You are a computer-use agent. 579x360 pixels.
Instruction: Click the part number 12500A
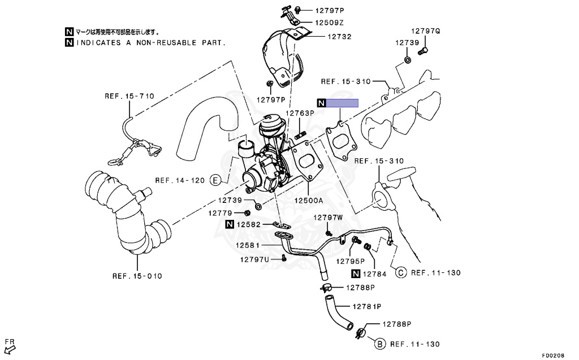coord(308,201)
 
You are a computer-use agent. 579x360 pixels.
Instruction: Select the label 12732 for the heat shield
coord(339,37)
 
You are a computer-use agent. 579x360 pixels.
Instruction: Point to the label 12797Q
coord(425,31)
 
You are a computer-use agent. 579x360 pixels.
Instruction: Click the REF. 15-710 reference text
coord(129,96)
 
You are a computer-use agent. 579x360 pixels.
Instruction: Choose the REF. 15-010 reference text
coord(137,276)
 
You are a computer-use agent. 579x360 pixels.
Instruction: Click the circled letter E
coord(215,181)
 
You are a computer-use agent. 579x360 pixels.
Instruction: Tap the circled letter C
coord(400,272)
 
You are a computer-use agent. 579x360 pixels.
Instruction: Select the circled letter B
coord(380,344)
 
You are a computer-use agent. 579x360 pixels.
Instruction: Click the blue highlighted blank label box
coord(343,103)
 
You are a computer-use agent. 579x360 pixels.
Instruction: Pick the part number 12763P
coord(299,113)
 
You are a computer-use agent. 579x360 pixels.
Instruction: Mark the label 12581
coord(248,245)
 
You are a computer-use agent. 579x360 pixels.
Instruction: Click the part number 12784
coord(374,275)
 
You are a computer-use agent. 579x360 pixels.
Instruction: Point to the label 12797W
coord(329,218)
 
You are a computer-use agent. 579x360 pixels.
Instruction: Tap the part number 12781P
coord(367,306)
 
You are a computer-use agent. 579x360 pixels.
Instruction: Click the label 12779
coord(221,213)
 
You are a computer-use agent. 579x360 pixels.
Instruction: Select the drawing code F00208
coord(553,355)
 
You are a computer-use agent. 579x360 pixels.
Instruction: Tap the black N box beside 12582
coord(230,224)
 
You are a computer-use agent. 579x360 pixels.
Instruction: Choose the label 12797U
coord(254,259)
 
